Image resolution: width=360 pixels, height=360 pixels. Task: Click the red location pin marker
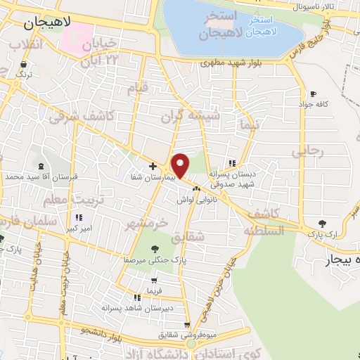click(x=181, y=165)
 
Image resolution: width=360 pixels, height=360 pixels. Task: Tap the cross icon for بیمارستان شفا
click(x=153, y=166)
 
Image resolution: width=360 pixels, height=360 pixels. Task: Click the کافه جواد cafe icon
click(x=312, y=94)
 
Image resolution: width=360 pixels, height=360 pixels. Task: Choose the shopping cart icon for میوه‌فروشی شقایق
click(x=186, y=324)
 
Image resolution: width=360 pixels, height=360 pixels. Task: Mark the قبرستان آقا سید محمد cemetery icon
click(x=44, y=166)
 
